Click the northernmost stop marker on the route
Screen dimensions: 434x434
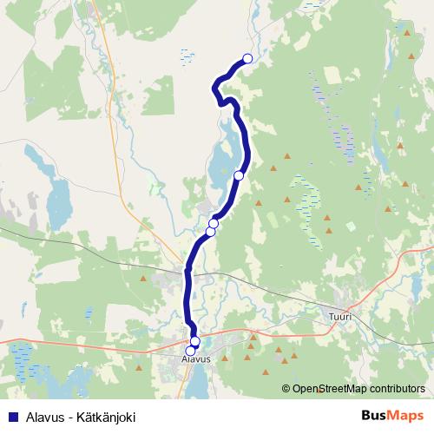pos(247,58)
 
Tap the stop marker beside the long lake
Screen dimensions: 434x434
pos(239,175)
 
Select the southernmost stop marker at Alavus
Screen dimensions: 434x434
pos(191,351)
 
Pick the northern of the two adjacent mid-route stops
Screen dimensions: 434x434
pos(214,224)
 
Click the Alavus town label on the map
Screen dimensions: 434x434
pos(196,358)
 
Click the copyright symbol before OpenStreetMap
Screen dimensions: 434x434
pos(286,389)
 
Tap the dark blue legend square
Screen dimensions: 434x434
pos(10,417)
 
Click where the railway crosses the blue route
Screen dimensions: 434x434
pos(187,271)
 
